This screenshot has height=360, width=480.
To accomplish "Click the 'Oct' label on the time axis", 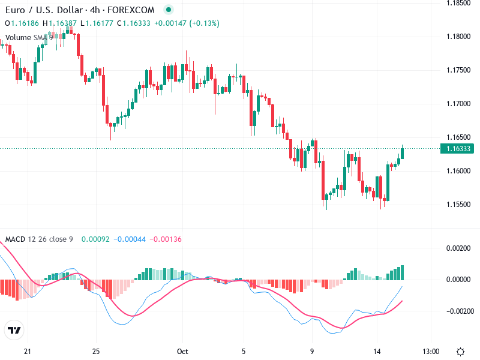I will (x=183, y=351).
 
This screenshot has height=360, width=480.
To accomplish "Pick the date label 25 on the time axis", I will (x=96, y=351).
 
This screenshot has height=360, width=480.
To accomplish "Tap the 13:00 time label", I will (x=431, y=351).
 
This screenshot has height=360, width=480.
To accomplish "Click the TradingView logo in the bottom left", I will (x=14, y=330).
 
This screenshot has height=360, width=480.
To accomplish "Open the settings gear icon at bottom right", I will (x=460, y=351).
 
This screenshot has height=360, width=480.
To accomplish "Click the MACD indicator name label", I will (x=14, y=239).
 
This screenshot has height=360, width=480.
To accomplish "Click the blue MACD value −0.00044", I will (x=127, y=239).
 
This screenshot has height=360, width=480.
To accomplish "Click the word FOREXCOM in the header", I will (x=131, y=10).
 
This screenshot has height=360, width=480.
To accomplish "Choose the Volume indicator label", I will (x=18, y=38).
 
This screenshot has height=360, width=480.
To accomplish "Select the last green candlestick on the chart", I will (x=402, y=153).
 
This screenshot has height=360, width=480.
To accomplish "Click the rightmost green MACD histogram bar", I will (x=402, y=272).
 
